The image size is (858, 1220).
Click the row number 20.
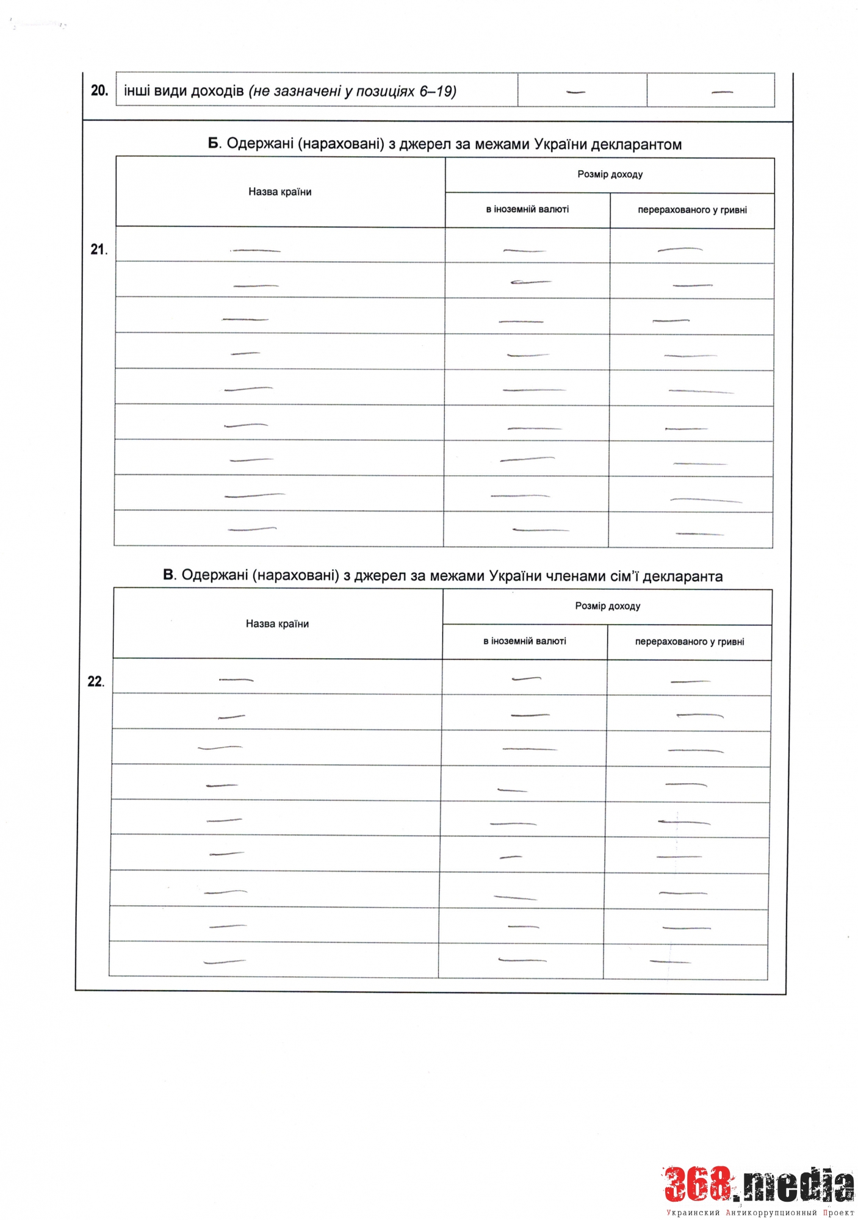point(99,91)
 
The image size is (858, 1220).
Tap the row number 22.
point(96,681)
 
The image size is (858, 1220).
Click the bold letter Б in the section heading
point(213,144)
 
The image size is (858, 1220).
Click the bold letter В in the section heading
point(169,575)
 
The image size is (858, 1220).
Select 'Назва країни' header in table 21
point(279,192)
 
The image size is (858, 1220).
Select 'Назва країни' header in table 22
point(277,624)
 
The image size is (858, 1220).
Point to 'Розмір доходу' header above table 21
point(610,174)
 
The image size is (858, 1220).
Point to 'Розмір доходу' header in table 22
point(607,606)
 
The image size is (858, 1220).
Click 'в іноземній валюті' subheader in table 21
point(527,210)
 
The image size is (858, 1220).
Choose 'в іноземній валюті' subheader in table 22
point(525,642)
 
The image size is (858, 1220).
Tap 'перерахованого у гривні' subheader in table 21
point(692,210)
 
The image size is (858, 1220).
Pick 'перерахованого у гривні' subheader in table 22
point(690,642)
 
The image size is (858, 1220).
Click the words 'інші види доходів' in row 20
point(184,91)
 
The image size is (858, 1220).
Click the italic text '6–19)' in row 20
point(438,91)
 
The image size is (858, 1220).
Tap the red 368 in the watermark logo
point(698,1185)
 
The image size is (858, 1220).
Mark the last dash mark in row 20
point(722,93)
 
